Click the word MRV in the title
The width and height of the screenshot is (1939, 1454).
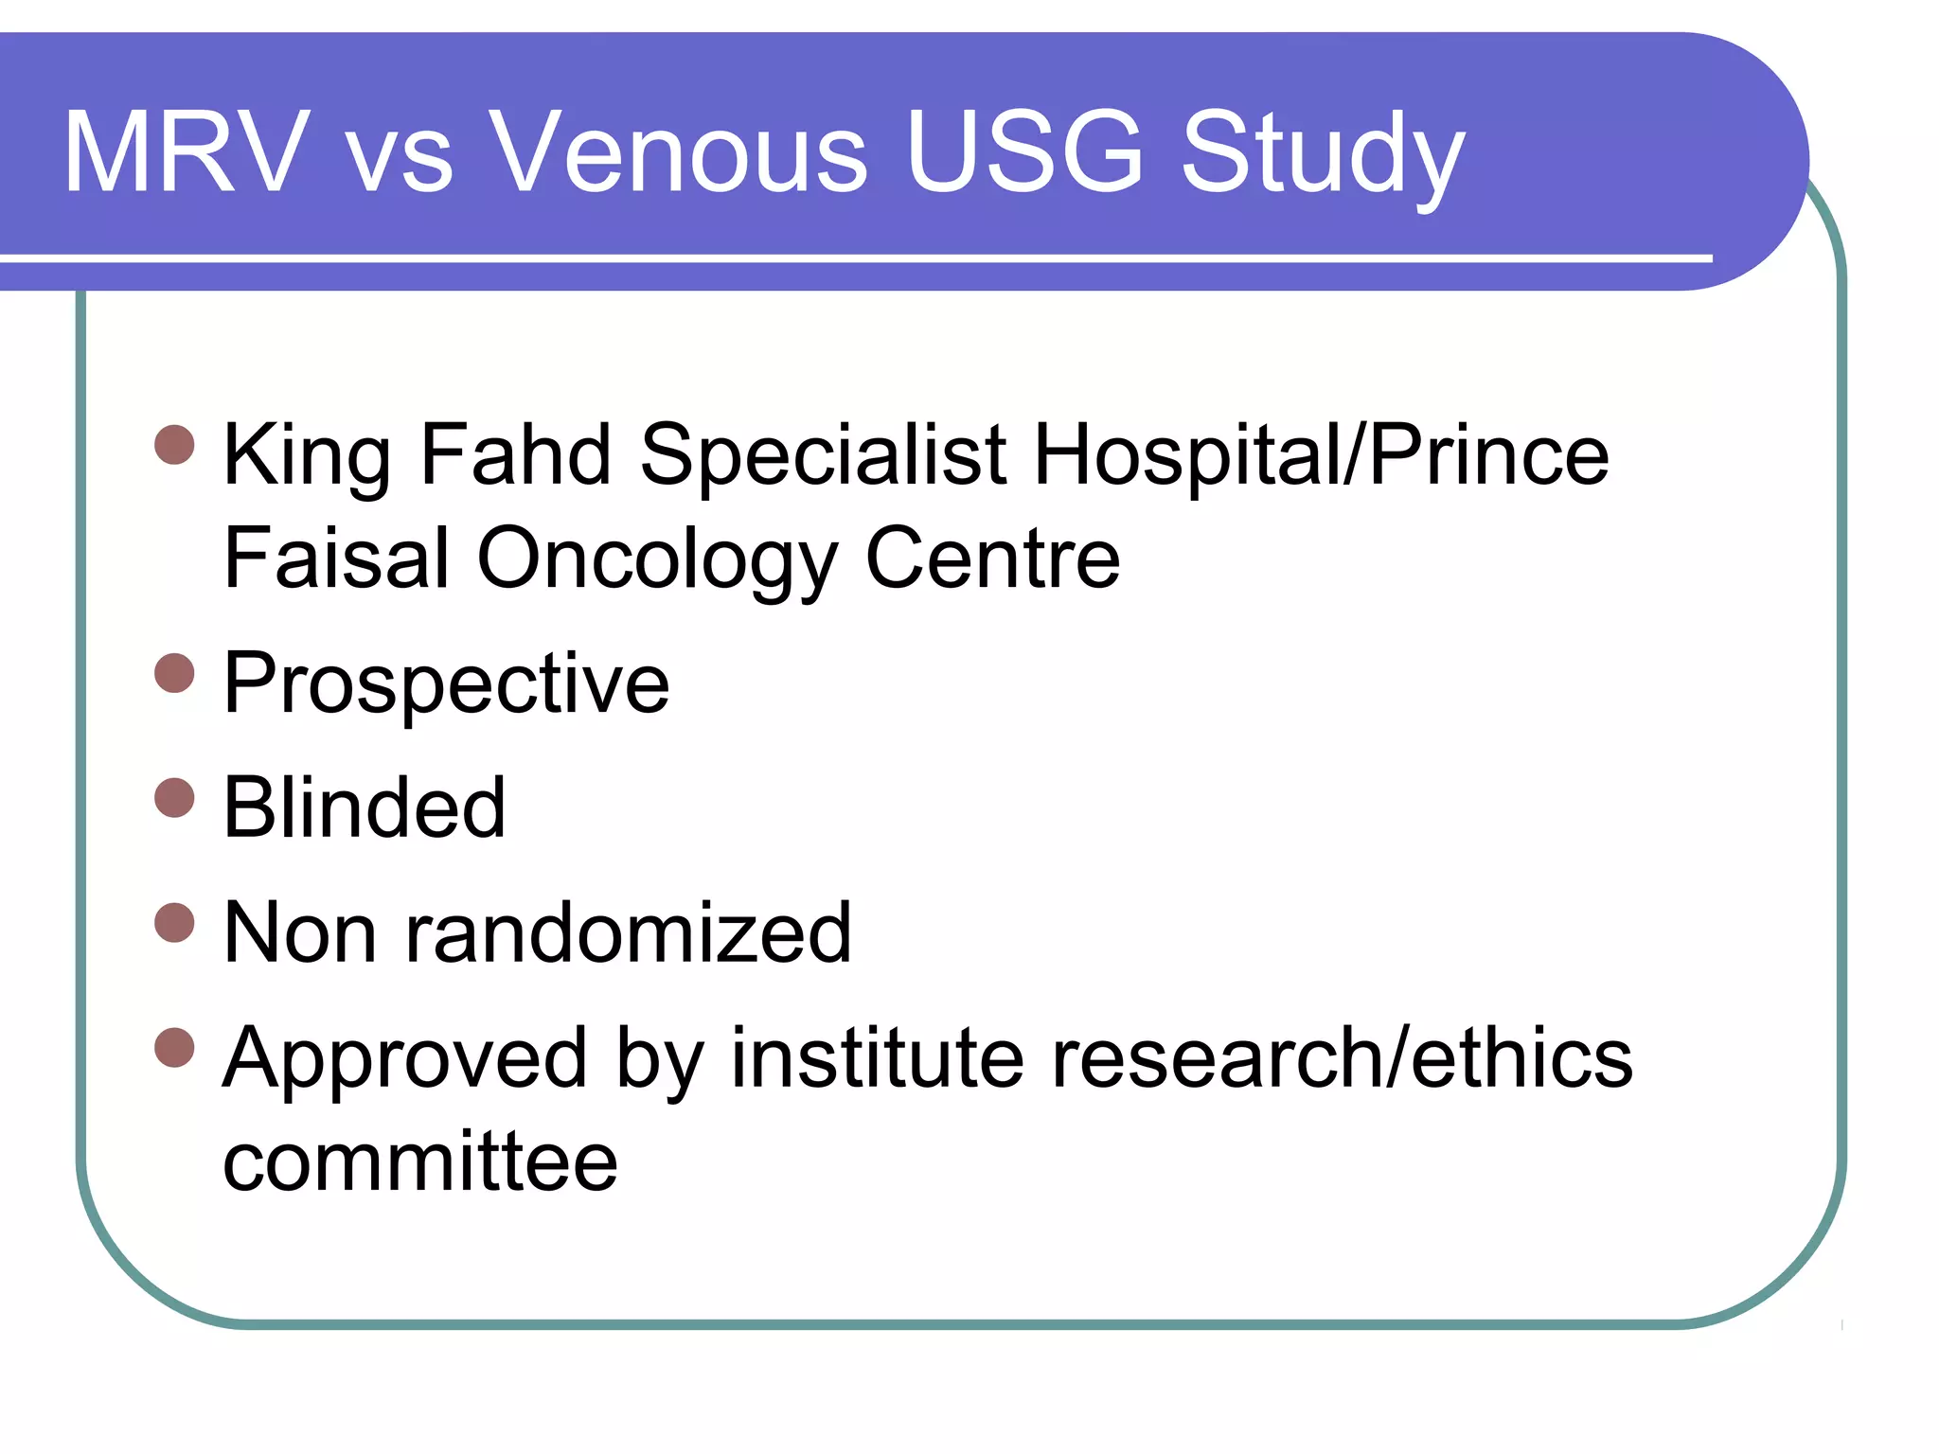[187, 152]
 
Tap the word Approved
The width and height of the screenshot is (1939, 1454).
[404, 1061]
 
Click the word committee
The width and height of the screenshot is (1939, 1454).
[419, 1161]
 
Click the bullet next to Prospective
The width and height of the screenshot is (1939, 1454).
[174, 673]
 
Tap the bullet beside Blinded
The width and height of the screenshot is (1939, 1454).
[174, 797]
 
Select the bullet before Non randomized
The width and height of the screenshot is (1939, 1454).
[174, 922]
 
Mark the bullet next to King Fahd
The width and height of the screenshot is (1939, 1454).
[174, 445]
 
